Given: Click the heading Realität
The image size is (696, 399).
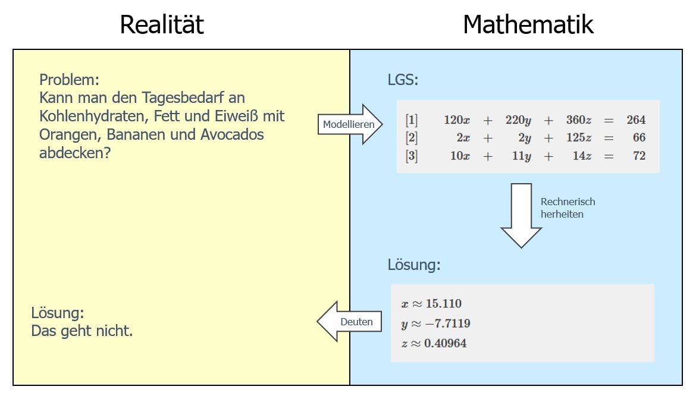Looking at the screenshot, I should (x=162, y=25).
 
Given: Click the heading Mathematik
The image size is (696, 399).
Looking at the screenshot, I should (x=528, y=25).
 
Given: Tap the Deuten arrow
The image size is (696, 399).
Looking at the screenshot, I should (x=349, y=322).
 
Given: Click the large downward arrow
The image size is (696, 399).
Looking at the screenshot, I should (x=521, y=215).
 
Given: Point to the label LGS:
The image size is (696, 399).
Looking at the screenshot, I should (x=403, y=80).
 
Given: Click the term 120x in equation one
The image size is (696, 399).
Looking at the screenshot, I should (x=457, y=120).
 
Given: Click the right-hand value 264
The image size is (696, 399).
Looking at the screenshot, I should (x=636, y=120).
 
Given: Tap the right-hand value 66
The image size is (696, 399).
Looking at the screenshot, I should (x=639, y=138).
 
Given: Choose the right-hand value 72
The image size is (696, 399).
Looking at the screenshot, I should (x=639, y=156).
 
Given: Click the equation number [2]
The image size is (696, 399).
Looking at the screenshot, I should (x=412, y=138).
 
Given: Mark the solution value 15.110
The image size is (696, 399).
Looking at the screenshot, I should (x=443, y=304).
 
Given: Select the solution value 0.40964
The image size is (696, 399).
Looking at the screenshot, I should (x=445, y=343).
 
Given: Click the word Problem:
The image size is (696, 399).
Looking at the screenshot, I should (x=69, y=80).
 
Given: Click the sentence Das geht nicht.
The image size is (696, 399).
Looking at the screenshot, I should (x=82, y=331).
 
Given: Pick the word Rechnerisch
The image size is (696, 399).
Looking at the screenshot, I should (x=568, y=202).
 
